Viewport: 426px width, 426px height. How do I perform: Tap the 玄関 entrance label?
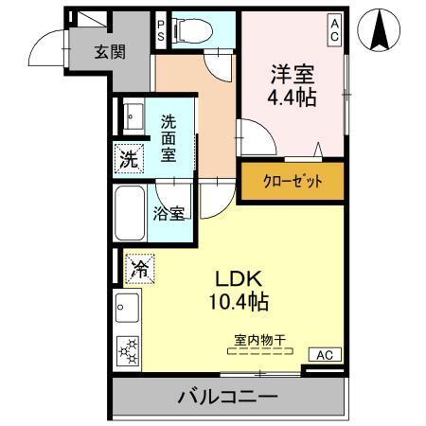point(109,52)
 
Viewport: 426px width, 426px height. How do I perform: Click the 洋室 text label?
point(292,74)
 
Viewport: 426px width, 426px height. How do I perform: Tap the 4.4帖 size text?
point(292,97)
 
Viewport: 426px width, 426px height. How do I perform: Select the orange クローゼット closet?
point(291,181)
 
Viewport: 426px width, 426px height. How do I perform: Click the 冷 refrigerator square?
point(137,269)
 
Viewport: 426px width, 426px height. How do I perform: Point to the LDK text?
point(240,279)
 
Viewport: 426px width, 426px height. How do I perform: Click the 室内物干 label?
point(259,337)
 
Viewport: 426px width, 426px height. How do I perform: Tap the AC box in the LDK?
point(324,355)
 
